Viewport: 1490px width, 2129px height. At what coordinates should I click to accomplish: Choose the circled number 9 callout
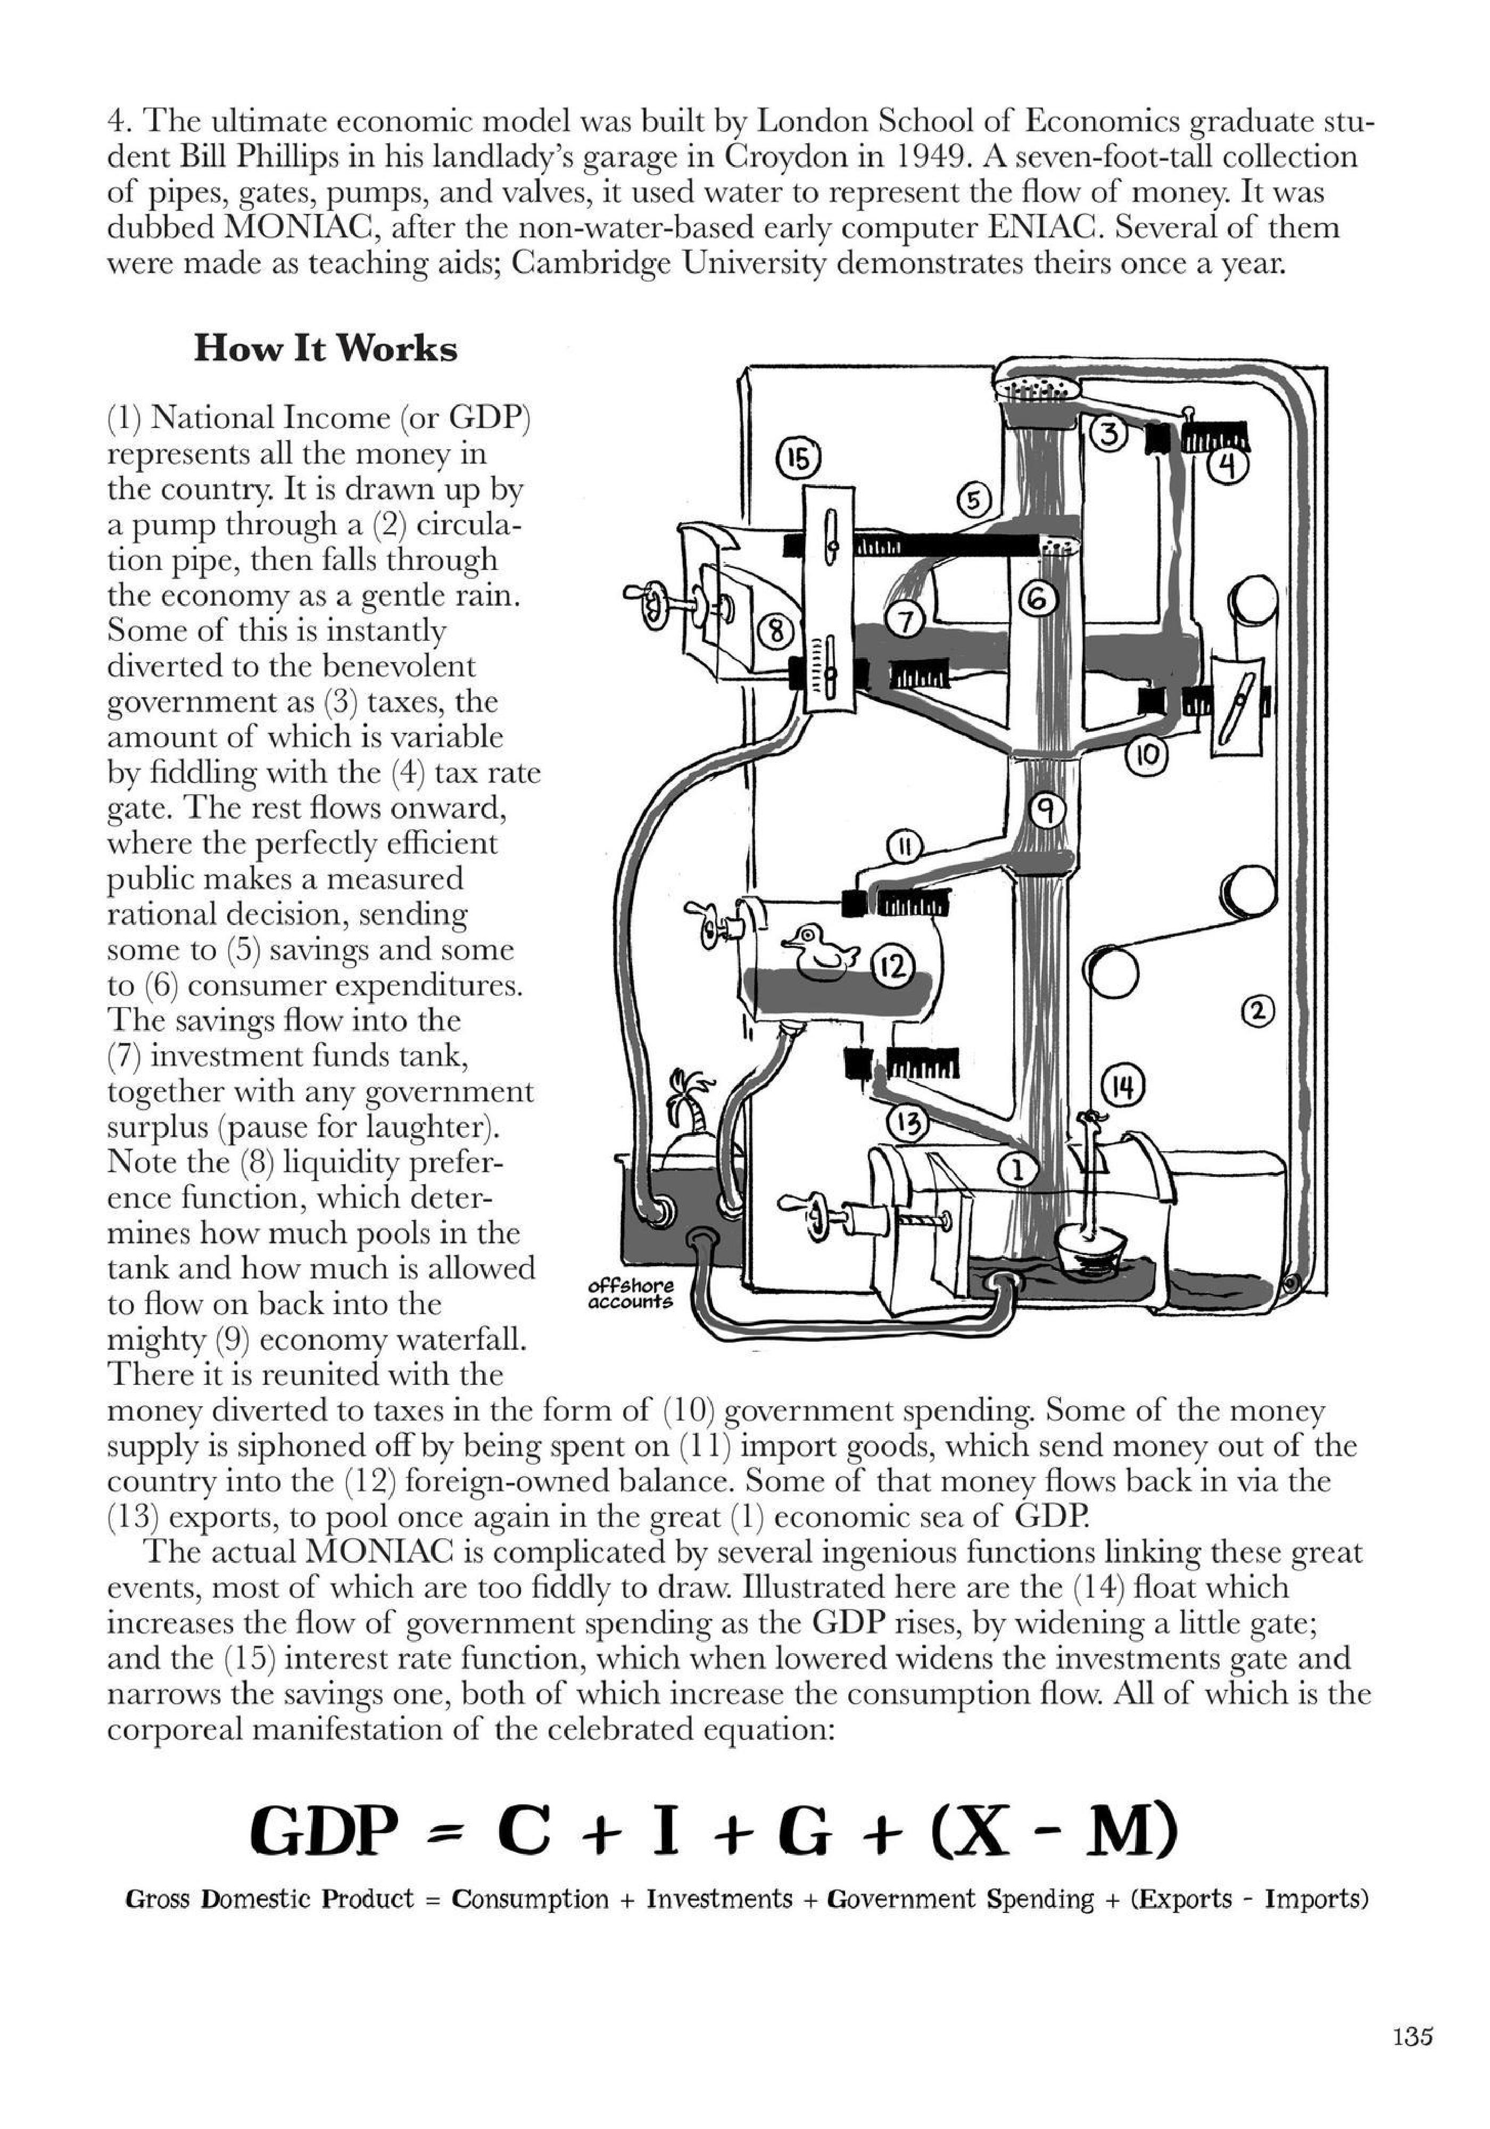1046,814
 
